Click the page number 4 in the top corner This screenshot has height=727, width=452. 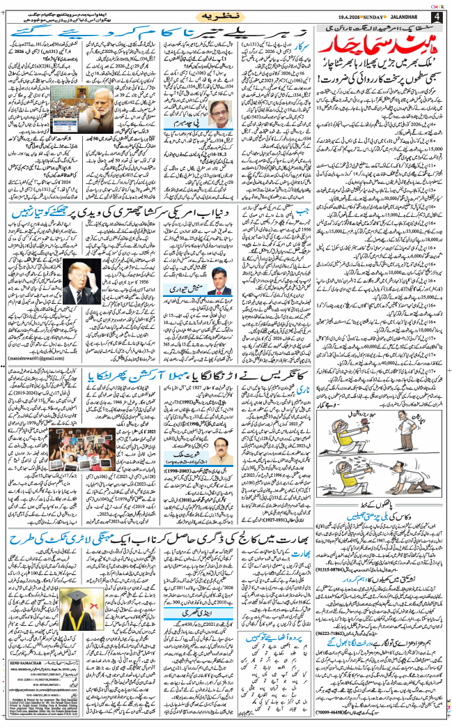[438, 16]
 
